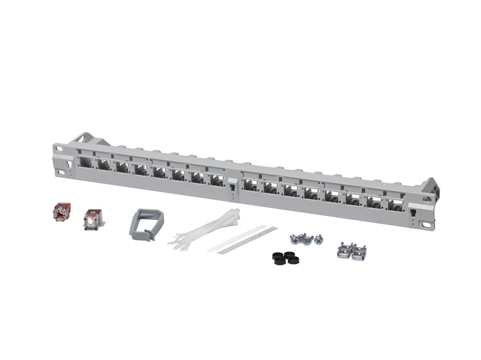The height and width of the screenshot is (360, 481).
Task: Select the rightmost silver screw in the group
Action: point(319,240)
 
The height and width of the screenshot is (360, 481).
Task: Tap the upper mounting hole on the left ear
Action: point(60,148)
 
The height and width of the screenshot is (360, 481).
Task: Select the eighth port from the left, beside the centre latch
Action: point(217,181)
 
